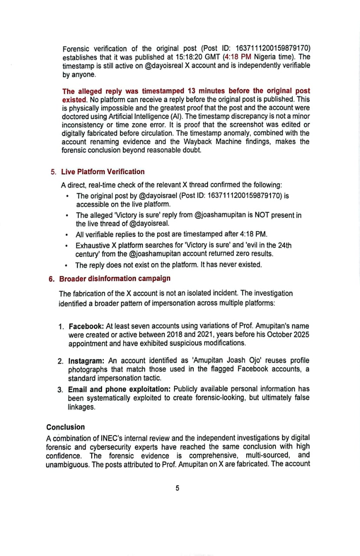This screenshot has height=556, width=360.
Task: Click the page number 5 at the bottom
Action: [x=177, y=488]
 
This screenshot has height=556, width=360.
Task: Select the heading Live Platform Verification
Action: [x=103, y=172]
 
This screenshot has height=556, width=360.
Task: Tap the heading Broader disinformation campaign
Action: [x=115, y=278]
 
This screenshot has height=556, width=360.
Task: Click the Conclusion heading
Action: [x=66, y=427]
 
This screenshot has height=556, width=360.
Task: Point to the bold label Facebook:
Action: [x=86, y=326]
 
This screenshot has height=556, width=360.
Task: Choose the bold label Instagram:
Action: [x=86, y=361]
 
